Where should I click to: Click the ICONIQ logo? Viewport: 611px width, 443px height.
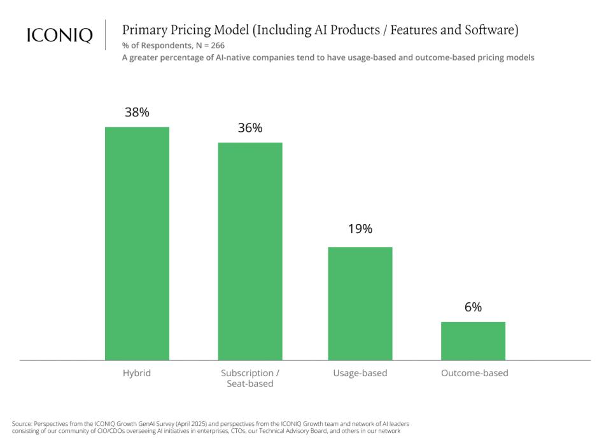point(59,36)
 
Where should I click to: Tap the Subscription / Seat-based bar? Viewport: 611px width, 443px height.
point(250,251)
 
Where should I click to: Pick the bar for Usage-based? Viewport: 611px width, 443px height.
point(360,303)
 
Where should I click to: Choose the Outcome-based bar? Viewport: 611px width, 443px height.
point(473,341)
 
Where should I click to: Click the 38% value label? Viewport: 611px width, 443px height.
point(137,113)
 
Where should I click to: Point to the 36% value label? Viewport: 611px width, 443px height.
point(250,128)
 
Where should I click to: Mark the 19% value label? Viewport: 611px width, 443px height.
point(360,229)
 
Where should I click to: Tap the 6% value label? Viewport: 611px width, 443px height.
point(473,307)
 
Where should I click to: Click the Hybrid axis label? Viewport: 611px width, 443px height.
point(137,373)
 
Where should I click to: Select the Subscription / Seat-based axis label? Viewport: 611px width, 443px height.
point(250,378)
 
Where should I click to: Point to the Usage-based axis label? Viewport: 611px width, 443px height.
point(360,373)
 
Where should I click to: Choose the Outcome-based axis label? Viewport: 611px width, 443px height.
point(475,373)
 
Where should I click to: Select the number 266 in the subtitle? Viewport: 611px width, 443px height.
point(216,45)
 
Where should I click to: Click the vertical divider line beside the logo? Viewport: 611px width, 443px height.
point(105,35)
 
